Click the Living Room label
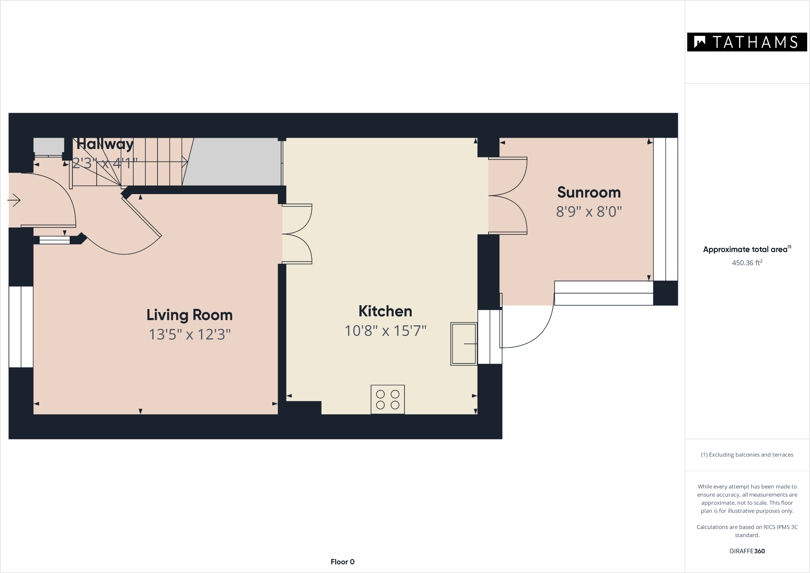[189, 315]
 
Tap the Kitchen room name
[385, 311]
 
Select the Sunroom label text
[589, 192]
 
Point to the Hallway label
[105, 144]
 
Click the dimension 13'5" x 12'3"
[190, 334]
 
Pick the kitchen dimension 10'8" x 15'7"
[385, 331]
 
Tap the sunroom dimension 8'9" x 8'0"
[589, 211]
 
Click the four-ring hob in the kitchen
[387, 399]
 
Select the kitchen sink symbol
[464, 343]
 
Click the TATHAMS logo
[747, 42]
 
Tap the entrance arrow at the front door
[14, 200]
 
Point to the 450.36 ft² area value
[747, 263]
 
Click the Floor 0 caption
[342, 562]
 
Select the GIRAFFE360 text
[747, 551]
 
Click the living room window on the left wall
[21, 327]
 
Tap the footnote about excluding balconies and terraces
[747, 455]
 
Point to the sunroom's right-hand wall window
[665, 209]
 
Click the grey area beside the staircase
[232, 161]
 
